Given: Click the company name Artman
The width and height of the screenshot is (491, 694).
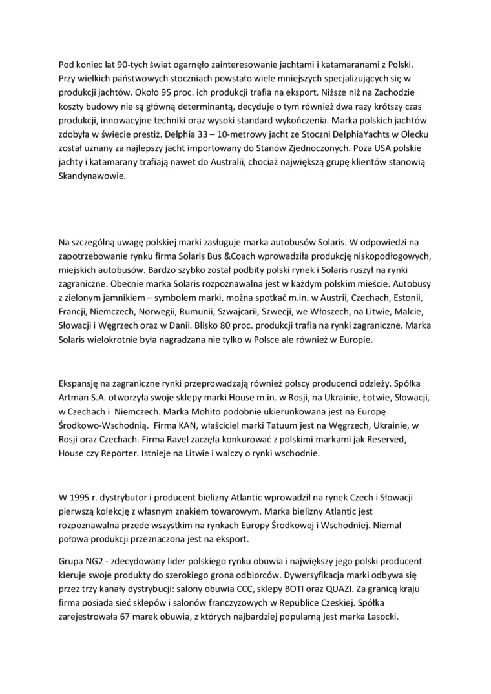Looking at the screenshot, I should [74, 394].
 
